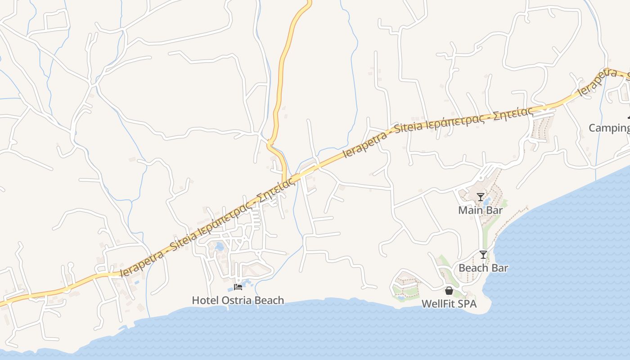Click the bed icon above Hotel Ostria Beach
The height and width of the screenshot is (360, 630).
point(238,287)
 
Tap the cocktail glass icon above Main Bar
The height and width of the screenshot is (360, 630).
point(481,197)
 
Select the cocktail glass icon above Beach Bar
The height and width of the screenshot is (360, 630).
point(483,255)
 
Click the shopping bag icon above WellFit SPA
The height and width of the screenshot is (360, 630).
point(449,291)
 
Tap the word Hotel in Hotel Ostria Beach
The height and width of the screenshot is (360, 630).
point(205,300)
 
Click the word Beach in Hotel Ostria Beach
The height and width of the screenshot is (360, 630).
point(269,300)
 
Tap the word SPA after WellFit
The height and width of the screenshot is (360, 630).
point(467,304)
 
